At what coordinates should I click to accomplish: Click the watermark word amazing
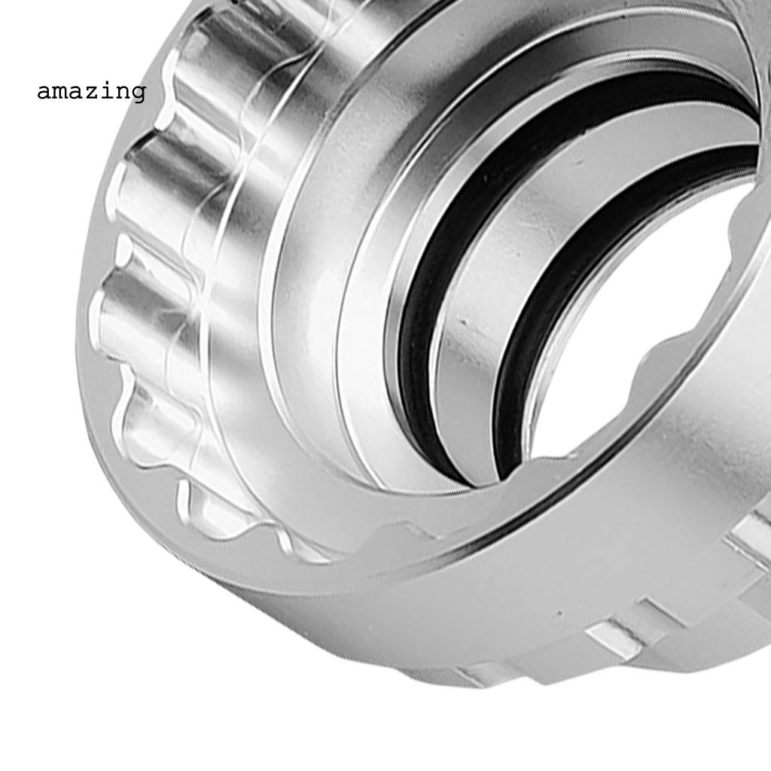(91, 92)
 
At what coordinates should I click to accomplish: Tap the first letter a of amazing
(44, 93)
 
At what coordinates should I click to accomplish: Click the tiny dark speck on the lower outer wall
(559, 615)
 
